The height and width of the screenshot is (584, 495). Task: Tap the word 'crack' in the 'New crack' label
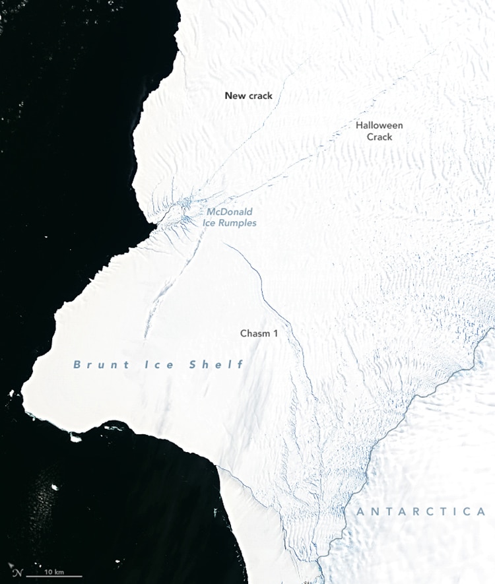tap(259, 96)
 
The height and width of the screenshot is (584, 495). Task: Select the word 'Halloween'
tap(379, 125)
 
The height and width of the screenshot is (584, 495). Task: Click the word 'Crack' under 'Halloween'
tap(380, 137)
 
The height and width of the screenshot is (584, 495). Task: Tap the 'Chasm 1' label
tap(259, 333)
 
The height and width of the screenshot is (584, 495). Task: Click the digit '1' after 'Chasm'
tap(275, 333)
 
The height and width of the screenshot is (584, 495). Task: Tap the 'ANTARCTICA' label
tap(420, 511)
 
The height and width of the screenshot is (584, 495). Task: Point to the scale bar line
tap(54, 577)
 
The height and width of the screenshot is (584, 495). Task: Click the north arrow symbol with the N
tap(16, 571)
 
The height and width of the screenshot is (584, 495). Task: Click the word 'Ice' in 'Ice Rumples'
tap(213, 223)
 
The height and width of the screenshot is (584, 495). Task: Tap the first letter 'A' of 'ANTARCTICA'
tap(360, 511)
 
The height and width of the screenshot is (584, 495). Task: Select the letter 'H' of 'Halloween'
tap(359, 125)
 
